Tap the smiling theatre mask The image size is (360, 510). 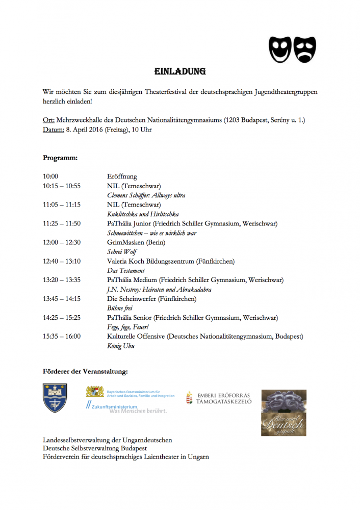280,48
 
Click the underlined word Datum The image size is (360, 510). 54,130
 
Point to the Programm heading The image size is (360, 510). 60,158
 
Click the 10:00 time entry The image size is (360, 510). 51,176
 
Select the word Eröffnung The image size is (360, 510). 122,176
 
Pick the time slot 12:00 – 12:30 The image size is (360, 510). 62,242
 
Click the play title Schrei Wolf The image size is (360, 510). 121,252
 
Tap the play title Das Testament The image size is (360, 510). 125,270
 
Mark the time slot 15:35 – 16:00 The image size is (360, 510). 62,336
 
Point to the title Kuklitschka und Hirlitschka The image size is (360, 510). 143,214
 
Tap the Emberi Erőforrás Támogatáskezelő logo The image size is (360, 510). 219,398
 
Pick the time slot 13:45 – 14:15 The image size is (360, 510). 62,299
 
